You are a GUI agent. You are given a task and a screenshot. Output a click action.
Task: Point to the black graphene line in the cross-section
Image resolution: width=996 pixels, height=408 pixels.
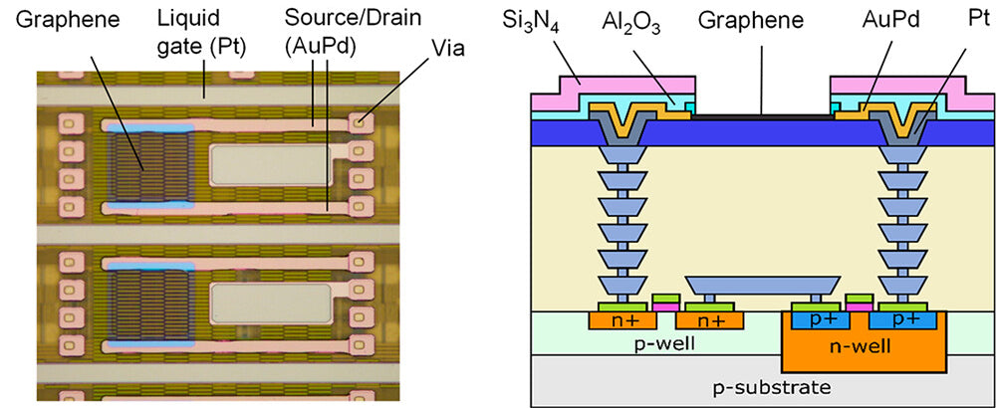pos(762,116)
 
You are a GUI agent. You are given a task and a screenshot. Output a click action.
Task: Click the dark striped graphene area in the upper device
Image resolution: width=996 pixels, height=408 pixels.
pos(145,168)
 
